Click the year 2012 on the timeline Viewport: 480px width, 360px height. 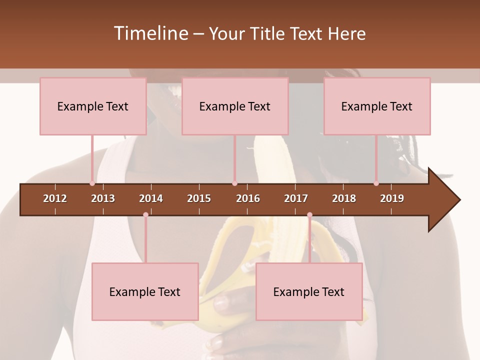pos(55,198)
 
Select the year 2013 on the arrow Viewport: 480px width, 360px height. pos(103,198)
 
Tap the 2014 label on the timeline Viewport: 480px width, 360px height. pos(151,198)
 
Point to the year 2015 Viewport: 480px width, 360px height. pos(199,198)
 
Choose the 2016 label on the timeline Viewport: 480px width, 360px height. pos(248,198)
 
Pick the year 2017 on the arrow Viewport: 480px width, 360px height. pos(296,198)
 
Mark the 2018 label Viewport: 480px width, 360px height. pos(344,198)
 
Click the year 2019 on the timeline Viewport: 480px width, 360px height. pos(392,198)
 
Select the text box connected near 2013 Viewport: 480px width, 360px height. pos(93,106)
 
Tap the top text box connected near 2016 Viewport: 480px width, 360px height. pos(235,106)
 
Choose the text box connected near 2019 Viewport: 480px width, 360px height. pos(377,106)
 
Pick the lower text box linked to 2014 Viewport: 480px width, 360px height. pos(145,291)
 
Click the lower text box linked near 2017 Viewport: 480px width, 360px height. pos(309,291)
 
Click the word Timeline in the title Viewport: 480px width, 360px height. pos(150,33)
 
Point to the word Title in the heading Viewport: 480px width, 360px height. pos(268,33)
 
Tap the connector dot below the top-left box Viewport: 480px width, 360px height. pos(92,183)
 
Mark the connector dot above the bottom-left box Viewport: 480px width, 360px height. pos(145,214)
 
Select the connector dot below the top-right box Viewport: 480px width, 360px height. pos(376,183)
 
